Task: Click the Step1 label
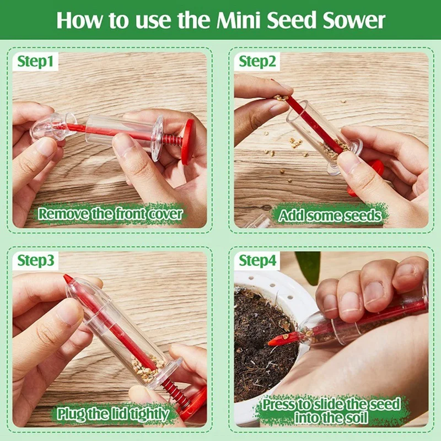tap(35, 61)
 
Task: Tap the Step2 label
tap(257, 61)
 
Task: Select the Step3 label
tap(36, 260)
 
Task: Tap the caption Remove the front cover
tap(110, 214)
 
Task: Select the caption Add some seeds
tap(330, 215)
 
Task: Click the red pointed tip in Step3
tap(68, 279)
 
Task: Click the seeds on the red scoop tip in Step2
tap(281, 98)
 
